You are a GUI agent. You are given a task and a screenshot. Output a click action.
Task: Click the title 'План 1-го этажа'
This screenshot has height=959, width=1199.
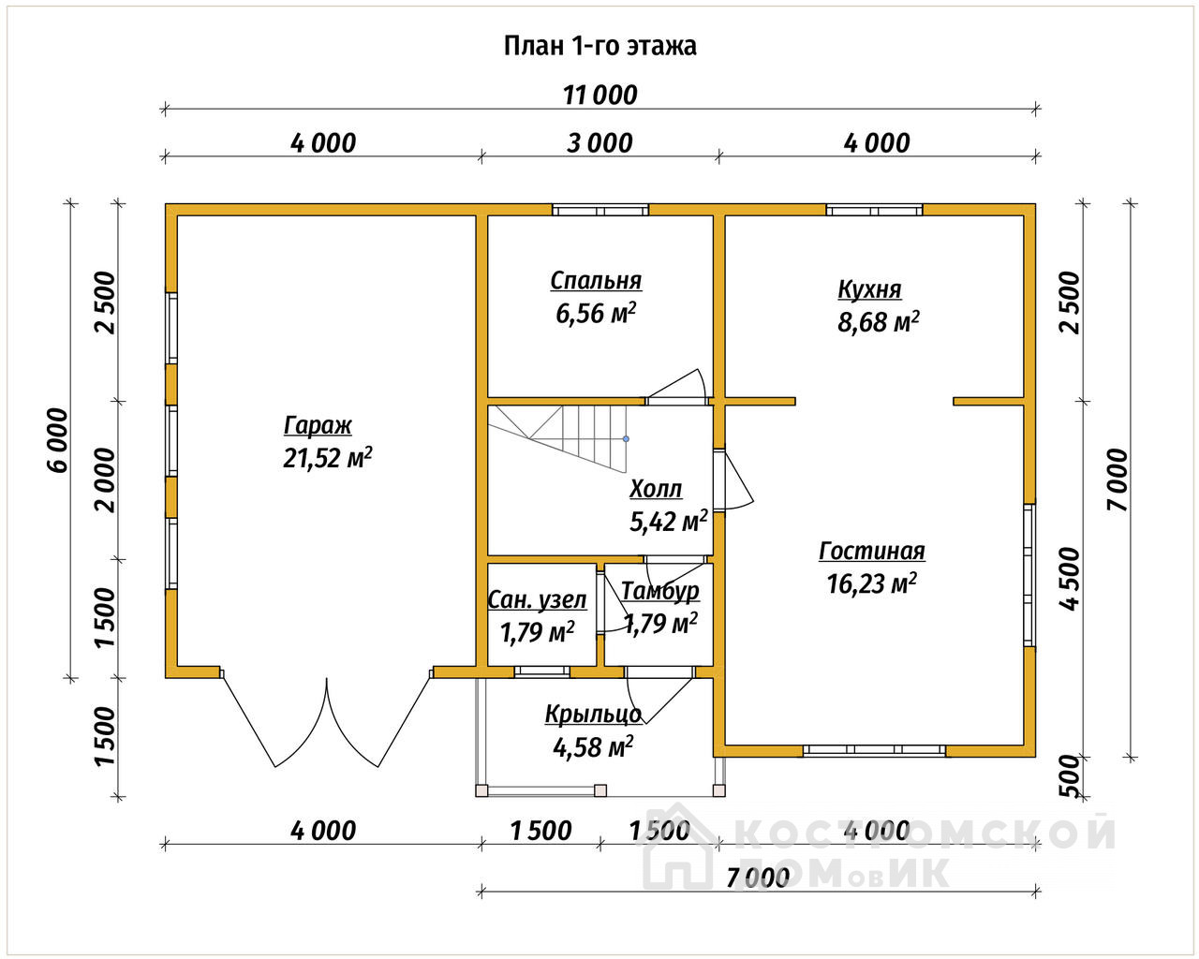(599, 46)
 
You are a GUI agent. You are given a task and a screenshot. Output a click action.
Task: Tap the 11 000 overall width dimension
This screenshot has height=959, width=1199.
(599, 96)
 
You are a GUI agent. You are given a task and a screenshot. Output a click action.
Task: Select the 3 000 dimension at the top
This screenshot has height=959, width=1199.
(599, 143)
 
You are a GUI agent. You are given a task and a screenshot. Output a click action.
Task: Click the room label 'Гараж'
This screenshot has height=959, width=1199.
(318, 426)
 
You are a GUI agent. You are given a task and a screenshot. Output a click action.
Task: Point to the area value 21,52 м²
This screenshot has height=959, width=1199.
(328, 458)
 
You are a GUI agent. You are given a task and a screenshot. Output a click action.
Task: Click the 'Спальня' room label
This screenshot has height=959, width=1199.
(596, 281)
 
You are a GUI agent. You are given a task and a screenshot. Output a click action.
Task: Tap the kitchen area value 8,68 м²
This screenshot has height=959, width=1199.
(878, 322)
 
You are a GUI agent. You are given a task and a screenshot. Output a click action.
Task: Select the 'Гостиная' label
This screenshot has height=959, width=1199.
(872, 551)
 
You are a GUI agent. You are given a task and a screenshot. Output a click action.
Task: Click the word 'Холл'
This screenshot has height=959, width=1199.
(655, 489)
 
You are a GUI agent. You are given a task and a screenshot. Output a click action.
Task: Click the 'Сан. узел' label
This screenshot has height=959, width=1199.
(537, 600)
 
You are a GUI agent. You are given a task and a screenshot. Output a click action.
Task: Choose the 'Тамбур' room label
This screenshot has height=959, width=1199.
(659, 592)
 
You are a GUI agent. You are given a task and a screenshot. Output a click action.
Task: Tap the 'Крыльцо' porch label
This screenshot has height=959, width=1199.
(593, 715)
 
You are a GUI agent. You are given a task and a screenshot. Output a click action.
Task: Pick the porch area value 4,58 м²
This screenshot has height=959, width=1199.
(593, 746)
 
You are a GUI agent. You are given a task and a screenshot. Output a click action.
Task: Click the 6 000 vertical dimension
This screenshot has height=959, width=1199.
(58, 440)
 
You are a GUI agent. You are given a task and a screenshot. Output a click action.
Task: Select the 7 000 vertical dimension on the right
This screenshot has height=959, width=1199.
(1118, 480)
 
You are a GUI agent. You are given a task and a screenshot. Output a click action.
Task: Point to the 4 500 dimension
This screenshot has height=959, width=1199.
(1071, 580)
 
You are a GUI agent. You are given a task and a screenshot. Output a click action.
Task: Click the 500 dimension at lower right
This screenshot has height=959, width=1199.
(1070, 776)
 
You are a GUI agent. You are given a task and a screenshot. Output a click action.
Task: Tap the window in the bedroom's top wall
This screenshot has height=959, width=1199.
(600, 210)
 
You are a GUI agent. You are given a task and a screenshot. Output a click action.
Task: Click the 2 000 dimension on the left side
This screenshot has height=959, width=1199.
(105, 479)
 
